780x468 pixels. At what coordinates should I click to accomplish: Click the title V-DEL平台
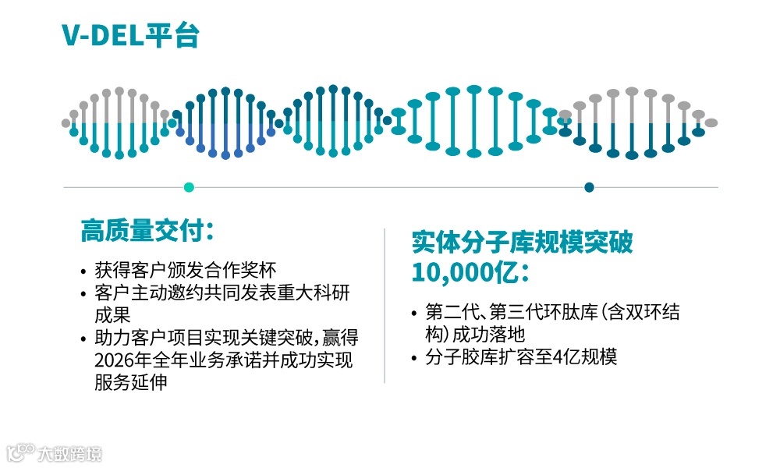(130, 35)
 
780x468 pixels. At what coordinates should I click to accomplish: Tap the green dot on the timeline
(188, 187)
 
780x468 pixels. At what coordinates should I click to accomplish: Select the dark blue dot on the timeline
(589, 187)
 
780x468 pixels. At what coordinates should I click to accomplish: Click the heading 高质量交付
(145, 231)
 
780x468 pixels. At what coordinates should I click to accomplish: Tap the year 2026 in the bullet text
(114, 361)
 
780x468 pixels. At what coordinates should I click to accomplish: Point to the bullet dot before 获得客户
(83, 272)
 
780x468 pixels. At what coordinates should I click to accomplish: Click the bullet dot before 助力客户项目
(83, 340)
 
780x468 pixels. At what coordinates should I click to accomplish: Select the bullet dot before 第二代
(414, 314)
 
